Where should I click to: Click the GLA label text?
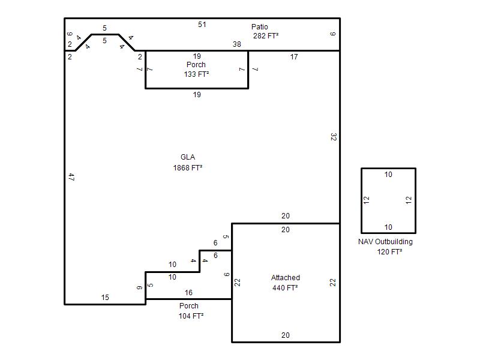point(188,157)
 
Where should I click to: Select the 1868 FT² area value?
point(188,168)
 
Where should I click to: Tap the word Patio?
point(260,26)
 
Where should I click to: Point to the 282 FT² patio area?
point(266,36)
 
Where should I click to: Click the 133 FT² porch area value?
point(196,74)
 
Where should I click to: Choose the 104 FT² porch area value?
point(191,316)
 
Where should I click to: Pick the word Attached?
point(286,278)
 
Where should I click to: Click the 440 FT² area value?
point(285,288)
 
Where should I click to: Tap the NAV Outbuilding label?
point(385,242)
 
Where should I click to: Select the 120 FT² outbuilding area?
point(389,251)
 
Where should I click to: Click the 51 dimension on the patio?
point(202,25)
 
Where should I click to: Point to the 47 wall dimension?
point(71,177)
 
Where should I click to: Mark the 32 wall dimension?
point(334,137)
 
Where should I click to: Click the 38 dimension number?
point(236,44)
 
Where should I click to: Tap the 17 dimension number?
point(294,56)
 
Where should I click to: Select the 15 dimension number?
point(105,297)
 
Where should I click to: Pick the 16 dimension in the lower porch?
point(188,293)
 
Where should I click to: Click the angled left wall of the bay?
point(83,43)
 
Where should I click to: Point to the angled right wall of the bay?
point(127,43)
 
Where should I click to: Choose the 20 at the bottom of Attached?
point(286,335)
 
